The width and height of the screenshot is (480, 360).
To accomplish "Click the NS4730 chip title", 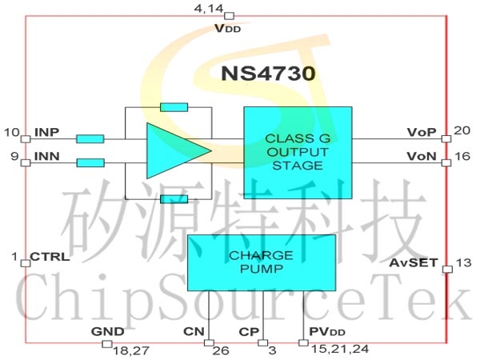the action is pos(268,74).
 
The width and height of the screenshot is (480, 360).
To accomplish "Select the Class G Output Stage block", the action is pos(298,153).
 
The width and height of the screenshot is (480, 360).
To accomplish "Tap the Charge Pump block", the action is pos(262,262).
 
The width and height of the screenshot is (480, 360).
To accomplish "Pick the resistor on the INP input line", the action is pos(90,139).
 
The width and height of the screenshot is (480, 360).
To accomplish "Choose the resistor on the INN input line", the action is pos(90,162).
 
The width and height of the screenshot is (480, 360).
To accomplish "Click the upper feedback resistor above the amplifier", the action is pos(174,107).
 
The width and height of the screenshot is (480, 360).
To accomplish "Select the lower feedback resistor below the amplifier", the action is pos(174,199).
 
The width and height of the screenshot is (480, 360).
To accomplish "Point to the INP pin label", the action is pos(47,133).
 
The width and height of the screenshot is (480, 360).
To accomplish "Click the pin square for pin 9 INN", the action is pos(26,162).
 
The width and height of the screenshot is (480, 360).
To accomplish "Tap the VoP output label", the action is pos(422,132).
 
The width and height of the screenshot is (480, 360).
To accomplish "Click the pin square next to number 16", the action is pos(446,162).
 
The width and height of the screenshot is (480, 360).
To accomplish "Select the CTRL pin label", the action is pos(50,257).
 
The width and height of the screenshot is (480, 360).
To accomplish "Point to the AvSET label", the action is pos(414,262).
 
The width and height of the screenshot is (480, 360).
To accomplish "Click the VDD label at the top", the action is pos(227,29).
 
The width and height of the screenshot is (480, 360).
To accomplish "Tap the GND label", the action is pos(108,331).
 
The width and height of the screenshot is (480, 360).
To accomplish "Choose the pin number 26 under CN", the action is pos(221,351).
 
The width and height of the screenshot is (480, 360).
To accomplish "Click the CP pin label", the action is pos(249,332).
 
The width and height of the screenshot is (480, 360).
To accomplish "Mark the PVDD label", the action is pos(327,332).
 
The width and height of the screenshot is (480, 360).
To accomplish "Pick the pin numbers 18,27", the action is pos(131,351).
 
